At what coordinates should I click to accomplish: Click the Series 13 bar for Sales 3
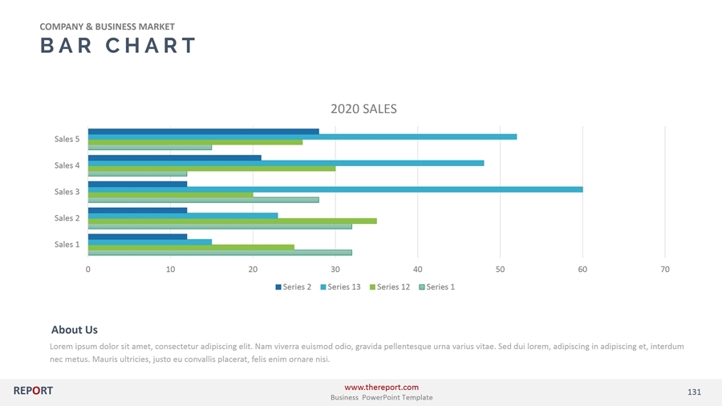(x=335, y=189)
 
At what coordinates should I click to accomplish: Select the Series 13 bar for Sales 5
(x=302, y=136)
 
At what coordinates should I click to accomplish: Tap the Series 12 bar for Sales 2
(x=232, y=221)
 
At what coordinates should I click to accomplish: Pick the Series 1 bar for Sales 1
(x=219, y=252)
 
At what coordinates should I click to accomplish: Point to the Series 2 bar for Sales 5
(x=203, y=132)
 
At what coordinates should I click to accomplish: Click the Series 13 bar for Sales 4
(x=286, y=163)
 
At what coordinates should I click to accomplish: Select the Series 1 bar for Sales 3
(x=203, y=200)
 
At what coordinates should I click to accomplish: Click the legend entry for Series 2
(x=293, y=286)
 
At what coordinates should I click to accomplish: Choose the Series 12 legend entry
(x=393, y=286)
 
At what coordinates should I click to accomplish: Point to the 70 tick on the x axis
(x=665, y=269)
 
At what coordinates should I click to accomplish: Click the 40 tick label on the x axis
(x=417, y=269)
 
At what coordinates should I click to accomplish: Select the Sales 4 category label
(x=67, y=165)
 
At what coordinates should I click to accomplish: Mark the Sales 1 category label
(x=67, y=244)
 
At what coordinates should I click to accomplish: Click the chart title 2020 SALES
(x=363, y=109)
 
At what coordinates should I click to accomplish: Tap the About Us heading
(x=75, y=330)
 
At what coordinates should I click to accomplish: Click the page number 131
(x=694, y=392)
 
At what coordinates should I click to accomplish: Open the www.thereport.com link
(x=381, y=388)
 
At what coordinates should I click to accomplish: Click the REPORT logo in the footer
(x=33, y=391)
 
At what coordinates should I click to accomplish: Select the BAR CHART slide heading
(x=118, y=46)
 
